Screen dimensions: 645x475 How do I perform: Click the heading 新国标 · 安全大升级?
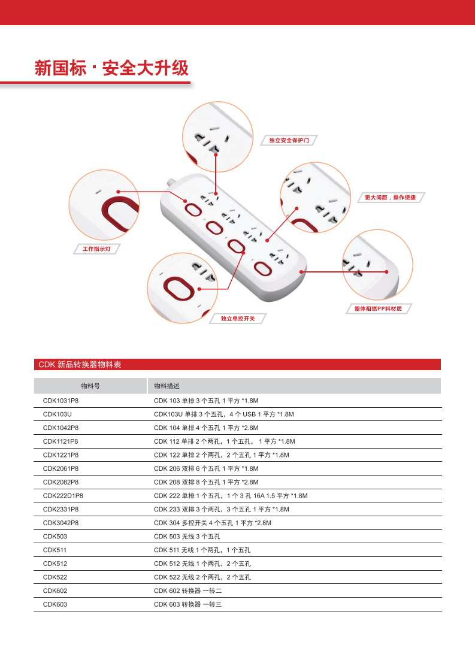click(112, 68)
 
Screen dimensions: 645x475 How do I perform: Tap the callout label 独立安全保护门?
click(289, 140)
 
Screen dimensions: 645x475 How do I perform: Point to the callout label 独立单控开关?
click(238, 318)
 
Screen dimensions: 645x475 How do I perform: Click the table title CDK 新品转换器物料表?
click(80, 364)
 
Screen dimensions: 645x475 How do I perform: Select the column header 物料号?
click(90, 386)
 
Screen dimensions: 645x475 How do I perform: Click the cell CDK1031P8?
click(60, 401)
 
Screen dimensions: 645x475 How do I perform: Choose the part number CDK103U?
click(57, 414)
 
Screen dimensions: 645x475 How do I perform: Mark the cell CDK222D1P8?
click(63, 496)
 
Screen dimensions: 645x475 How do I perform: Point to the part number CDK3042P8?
click(60, 523)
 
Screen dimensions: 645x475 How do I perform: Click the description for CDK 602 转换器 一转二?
click(187, 591)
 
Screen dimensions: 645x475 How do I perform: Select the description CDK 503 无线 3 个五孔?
click(187, 537)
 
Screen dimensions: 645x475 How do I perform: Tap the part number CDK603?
click(55, 605)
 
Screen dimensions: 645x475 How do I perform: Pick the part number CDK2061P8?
click(60, 468)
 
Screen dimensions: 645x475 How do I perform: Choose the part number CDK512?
click(55, 564)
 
